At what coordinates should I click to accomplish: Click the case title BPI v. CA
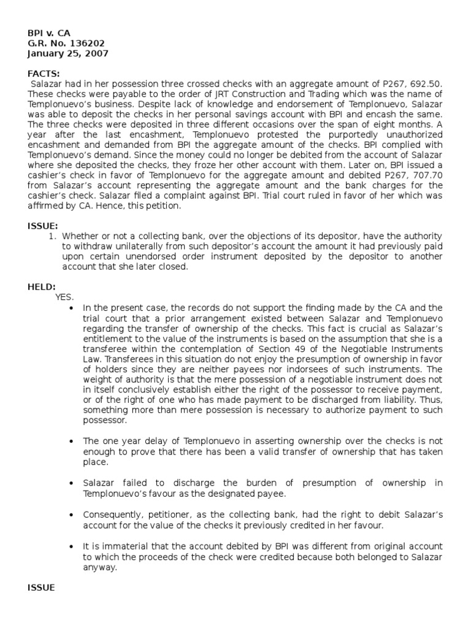(48, 34)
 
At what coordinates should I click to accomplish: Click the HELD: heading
(42, 286)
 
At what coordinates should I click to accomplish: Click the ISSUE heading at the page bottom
(41, 587)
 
